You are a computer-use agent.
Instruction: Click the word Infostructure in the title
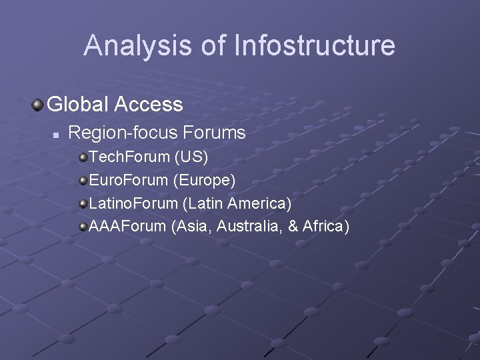(315, 46)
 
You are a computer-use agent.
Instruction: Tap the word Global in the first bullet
(78, 104)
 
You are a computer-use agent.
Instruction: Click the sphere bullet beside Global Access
(39, 104)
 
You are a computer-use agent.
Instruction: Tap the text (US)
(192, 157)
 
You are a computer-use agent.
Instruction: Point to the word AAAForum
(127, 226)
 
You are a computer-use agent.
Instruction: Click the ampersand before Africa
(293, 226)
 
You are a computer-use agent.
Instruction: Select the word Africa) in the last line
(326, 226)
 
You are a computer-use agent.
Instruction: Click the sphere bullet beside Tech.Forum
(83, 157)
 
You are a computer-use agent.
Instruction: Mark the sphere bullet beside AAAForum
(83, 226)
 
